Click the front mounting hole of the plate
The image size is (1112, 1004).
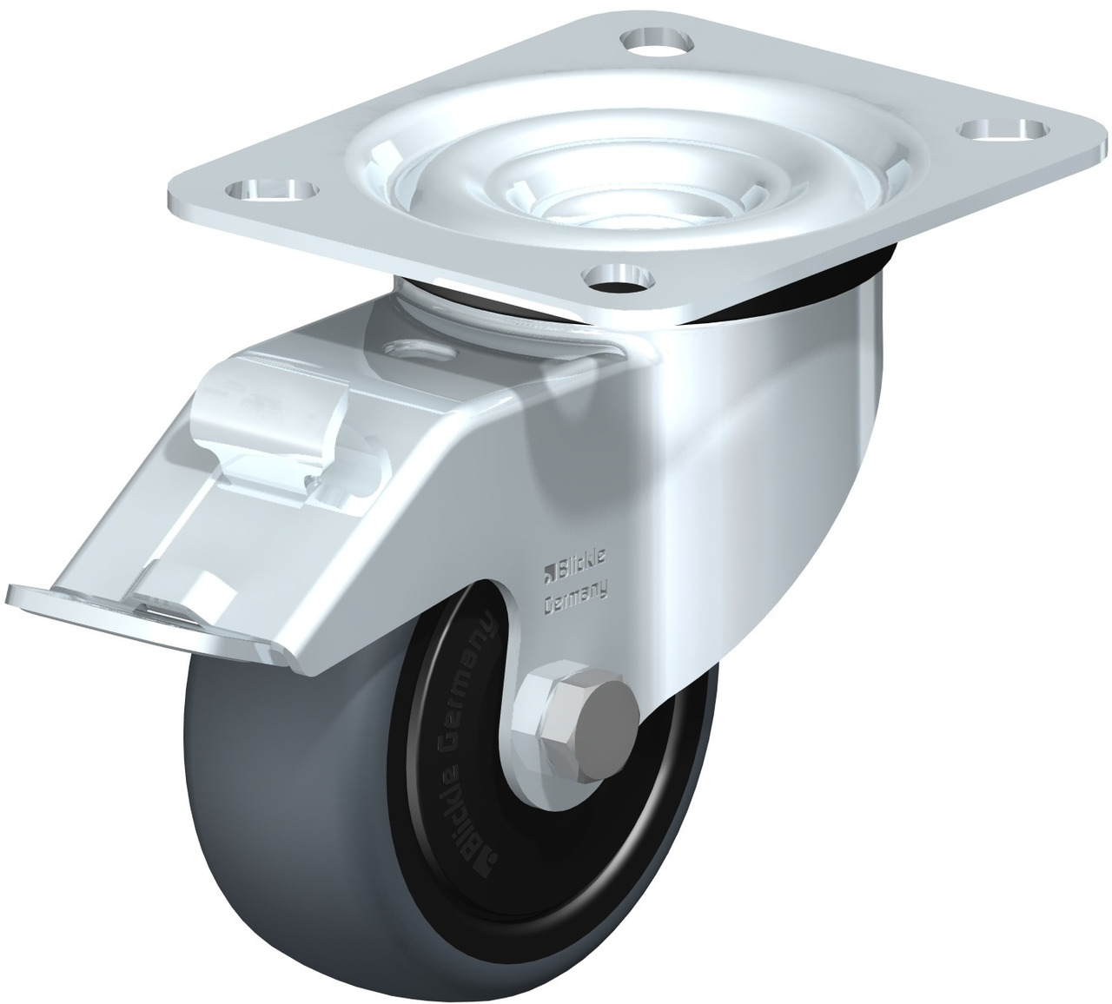click(619, 275)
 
